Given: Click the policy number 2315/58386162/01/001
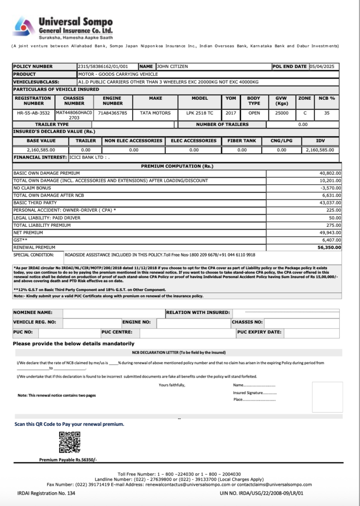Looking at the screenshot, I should (103, 67).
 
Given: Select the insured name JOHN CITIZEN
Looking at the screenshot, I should (172, 67).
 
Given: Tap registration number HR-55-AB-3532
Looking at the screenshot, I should (33, 113).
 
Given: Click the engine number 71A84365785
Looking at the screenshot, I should (112, 113).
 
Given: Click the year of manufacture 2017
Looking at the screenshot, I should (231, 113).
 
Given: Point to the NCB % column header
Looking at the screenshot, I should (327, 98).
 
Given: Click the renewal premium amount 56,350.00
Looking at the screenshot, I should (330, 247).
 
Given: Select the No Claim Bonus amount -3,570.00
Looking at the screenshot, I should (331, 188).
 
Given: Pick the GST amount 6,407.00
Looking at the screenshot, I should (331, 240).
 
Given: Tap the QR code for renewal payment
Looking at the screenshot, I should (69, 442).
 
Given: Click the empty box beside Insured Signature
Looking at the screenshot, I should (327, 396).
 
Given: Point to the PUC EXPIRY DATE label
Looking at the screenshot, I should (260, 332).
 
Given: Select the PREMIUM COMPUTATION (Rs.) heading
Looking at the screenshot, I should (177, 166).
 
